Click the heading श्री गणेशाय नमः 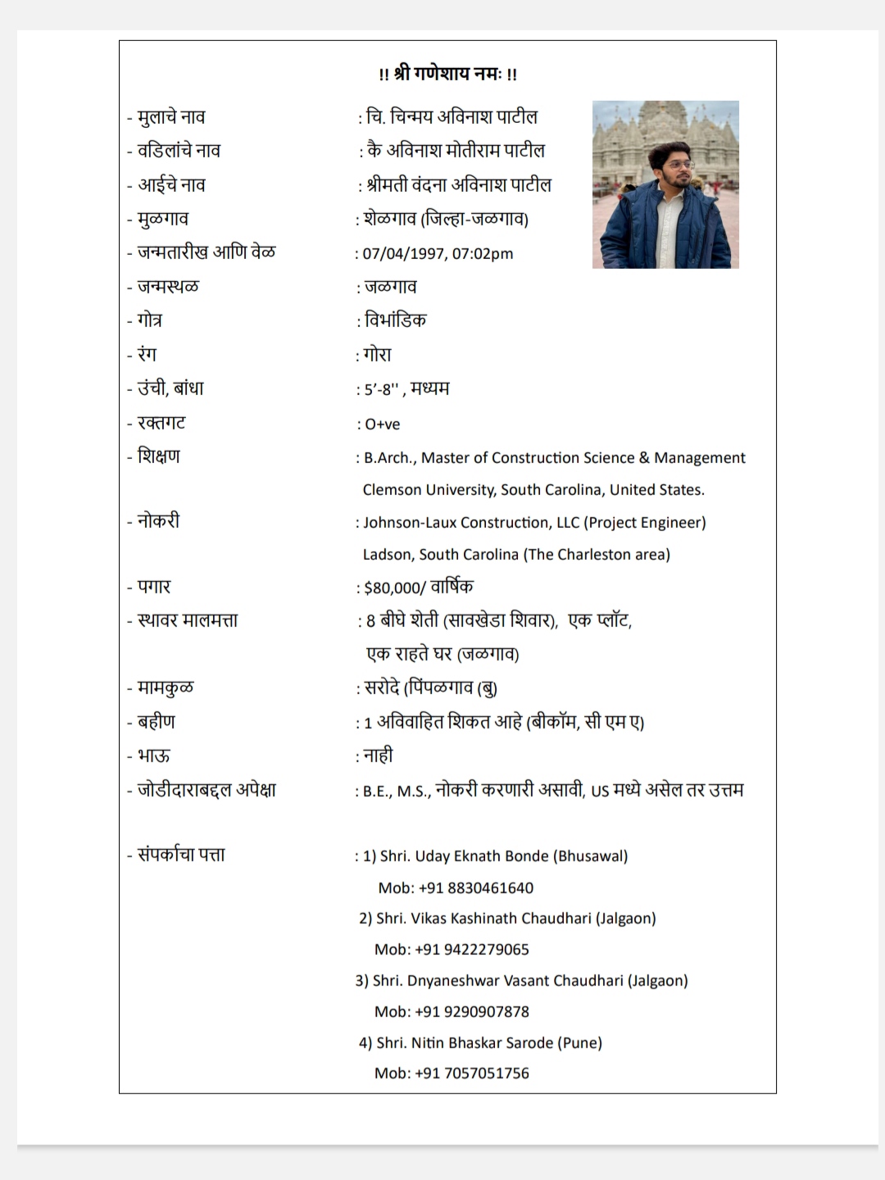tap(447, 74)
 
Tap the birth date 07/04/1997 tap(404, 254)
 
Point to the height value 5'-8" tap(381, 390)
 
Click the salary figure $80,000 tap(391, 588)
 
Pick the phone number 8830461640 tap(489, 888)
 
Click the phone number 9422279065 tap(486, 950)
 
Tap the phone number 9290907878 tap(486, 1012)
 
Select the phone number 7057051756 tap(486, 1073)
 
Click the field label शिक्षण tap(159, 456)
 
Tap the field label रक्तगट tap(161, 423)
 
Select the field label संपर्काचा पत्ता tap(181, 855)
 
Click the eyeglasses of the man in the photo tap(679, 165)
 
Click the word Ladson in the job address tap(388, 555)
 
